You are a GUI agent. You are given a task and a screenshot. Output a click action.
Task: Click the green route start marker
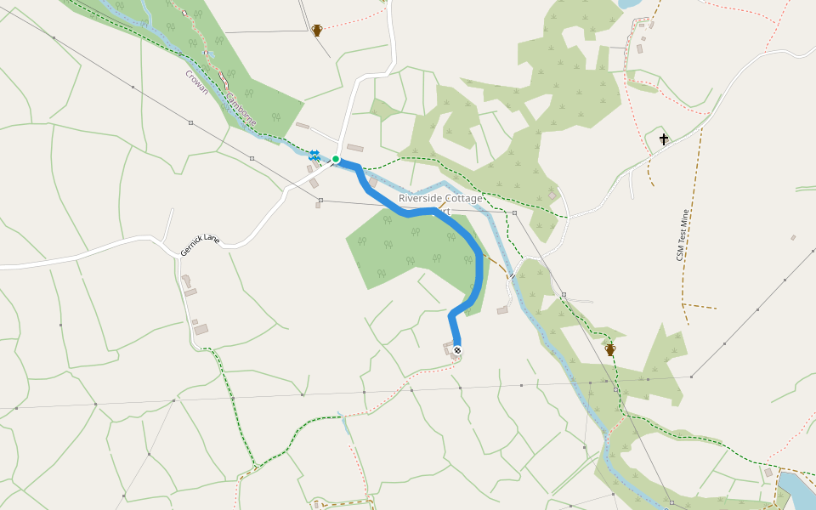[336, 159]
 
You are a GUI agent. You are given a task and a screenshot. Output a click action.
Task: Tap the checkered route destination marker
[457, 350]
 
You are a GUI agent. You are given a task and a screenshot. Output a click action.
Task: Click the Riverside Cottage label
[440, 198]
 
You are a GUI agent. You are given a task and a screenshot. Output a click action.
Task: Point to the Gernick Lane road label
[200, 246]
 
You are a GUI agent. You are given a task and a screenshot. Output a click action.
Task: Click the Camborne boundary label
[240, 108]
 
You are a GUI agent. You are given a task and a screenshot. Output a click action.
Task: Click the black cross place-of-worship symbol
[664, 139]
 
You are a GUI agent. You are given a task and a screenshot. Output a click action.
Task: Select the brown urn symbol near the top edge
[317, 31]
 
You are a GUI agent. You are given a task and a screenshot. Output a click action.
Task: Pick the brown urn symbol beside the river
[609, 348]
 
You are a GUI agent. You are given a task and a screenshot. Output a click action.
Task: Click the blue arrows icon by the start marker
[314, 155]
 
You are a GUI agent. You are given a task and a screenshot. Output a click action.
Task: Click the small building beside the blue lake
[768, 473]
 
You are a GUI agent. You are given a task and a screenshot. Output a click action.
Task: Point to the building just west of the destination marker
[448, 348]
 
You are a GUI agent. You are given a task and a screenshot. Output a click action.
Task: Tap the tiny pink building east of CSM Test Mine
[792, 238]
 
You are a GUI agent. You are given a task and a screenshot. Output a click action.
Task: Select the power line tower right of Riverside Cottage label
[514, 212]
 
